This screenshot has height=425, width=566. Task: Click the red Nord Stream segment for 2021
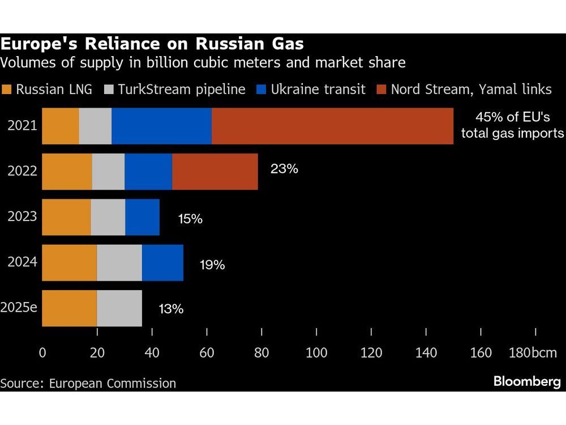tap(332, 126)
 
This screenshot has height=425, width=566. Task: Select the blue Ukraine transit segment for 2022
tap(148, 172)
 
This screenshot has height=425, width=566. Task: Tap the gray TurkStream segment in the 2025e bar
tap(119, 308)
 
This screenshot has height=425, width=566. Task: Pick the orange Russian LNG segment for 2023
tap(66, 217)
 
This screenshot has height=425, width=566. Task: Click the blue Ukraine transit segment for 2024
tap(162, 263)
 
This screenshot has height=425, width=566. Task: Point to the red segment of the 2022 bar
tap(215, 172)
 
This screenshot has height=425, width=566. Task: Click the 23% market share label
tap(284, 168)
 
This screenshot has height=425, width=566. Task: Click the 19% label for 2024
tap(212, 264)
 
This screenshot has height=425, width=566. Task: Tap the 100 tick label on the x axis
tap(316, 353)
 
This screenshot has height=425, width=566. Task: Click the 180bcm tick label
tap(533, 353)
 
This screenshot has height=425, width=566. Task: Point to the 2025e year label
tap(20, 308)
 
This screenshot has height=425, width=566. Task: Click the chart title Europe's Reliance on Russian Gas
tap(152, 44)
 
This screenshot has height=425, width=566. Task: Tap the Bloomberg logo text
tap(527, 381)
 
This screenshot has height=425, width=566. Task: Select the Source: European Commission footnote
tap(88, 383)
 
